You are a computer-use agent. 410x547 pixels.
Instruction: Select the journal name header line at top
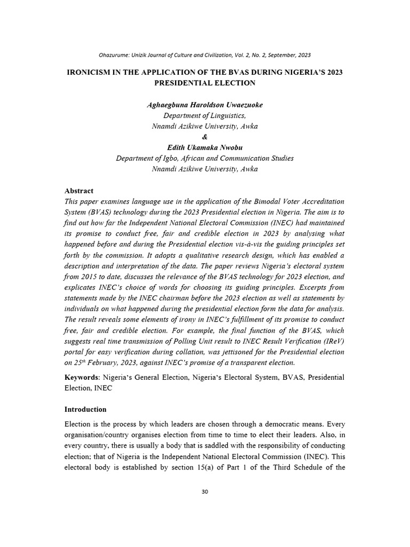click(205, 55)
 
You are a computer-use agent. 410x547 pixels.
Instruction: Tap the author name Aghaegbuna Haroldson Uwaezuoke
click(205, 105)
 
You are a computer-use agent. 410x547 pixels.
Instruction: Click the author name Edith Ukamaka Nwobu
click(205, 147)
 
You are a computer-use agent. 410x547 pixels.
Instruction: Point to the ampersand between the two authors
click(205, 137)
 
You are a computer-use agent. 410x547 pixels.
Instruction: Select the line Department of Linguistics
click(205, 115)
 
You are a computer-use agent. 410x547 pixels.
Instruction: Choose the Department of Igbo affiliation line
click(205, 158)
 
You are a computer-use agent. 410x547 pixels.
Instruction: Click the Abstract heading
click(79, 191)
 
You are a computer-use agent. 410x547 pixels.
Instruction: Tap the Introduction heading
click(85, 409)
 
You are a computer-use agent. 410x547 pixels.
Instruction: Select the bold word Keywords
click(82, 377)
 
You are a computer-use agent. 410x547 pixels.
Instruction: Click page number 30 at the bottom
click(205, 491)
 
